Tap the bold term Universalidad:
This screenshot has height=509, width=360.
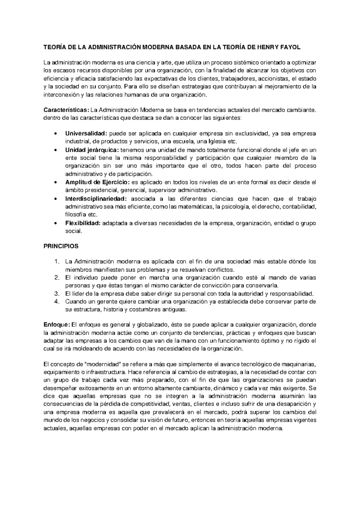pyautogui.click(x=86, y=134)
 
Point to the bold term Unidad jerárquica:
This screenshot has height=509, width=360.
pyautogui.click(x=92, y=150)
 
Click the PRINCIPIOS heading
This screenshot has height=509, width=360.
pyautogui.click(x=61, y=246)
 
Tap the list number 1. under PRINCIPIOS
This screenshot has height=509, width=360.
pyautogui.click(x=57, y=262)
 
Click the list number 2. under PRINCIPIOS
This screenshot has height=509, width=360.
pyautogui.click(x=57, y=277)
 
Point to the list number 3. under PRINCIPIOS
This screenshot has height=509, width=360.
pyautogui.click(x=57, y=294)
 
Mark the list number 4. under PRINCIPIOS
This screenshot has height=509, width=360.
pyautogui.click(x=57, y=302)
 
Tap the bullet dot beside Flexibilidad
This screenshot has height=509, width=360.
pyautogui.click(x=55, y=223)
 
